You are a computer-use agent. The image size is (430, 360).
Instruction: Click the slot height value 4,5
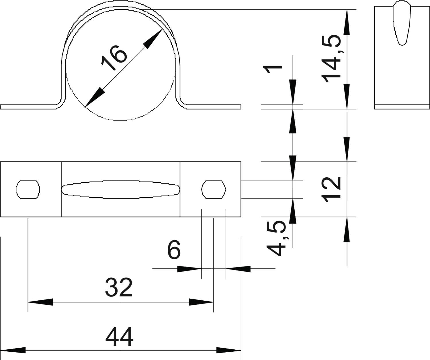click(x=276, y=238)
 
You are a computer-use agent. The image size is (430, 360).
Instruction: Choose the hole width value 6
click(x=174, y=250)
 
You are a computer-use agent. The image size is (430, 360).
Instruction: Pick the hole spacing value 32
click(x=119, y=287)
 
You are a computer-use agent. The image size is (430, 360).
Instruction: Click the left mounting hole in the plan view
click(x=28, y=189)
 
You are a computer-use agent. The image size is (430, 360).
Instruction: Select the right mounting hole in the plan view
click(x=214, y=189)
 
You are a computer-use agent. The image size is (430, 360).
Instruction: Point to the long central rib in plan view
click(x=121, y=189)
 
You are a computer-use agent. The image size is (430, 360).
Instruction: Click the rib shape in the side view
click(x=402, y=23)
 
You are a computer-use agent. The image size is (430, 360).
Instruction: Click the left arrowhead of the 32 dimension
click(x=40, y=302)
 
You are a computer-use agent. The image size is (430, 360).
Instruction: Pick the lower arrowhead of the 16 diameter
click(x=94, y=97)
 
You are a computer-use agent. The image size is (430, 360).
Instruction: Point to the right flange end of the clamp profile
click(x=239, y=107)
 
